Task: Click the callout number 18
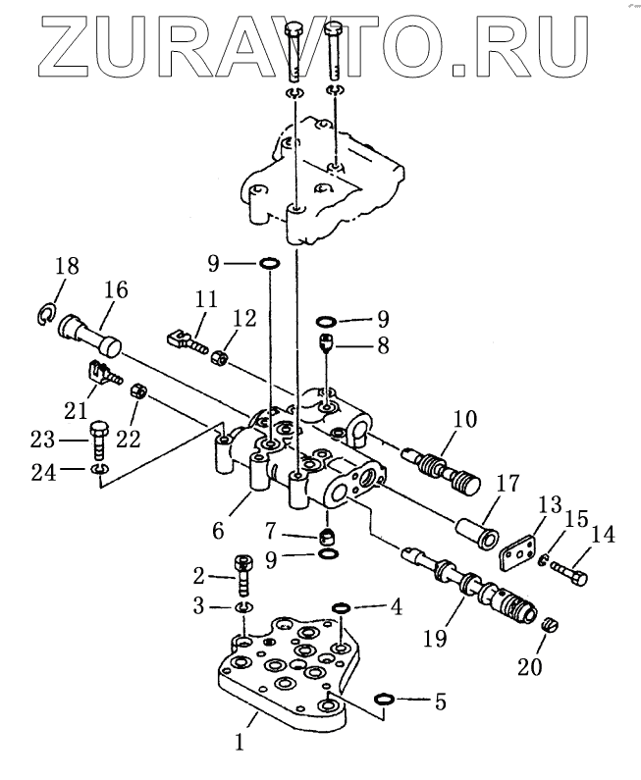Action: pyautogui.click(x=67, y=267)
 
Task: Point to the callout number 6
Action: pyautogui.click(x=217, y=531)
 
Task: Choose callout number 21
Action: pyautogui.click(x=76, y=405)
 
